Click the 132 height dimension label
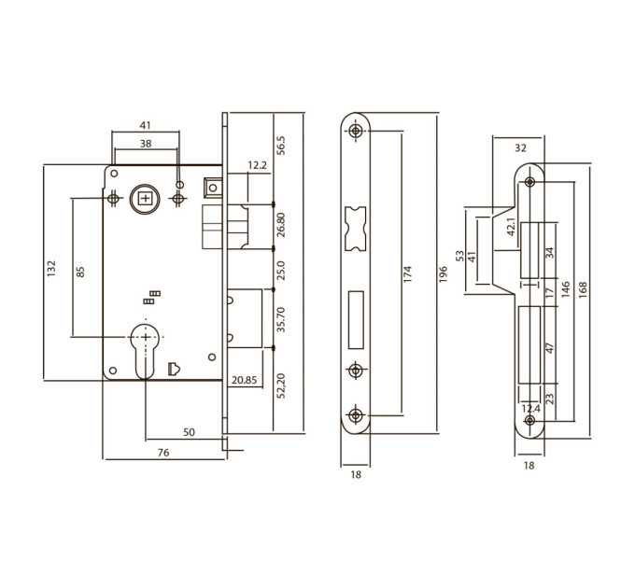51,269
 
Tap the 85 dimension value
80,272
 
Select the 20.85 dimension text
245,380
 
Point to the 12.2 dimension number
258,164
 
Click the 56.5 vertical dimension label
281,146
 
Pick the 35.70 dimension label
281,320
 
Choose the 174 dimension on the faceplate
407,274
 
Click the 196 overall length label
443,274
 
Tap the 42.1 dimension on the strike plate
511,227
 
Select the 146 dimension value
565,289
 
